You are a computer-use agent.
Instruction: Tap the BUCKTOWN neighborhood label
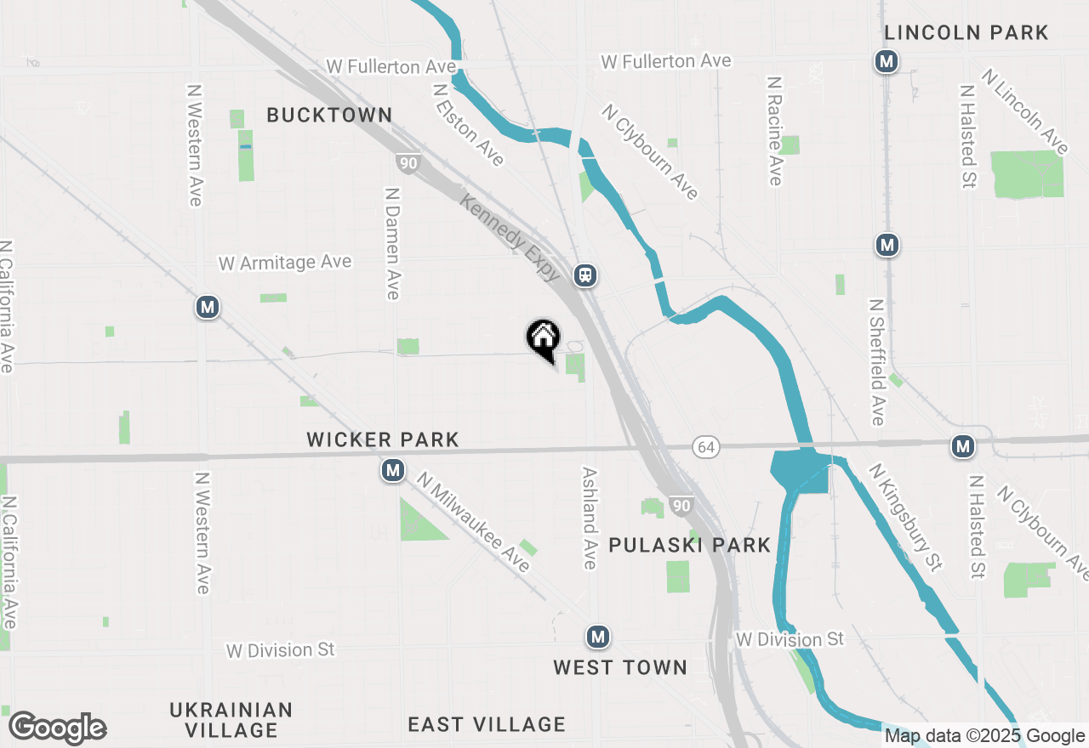[329, 116]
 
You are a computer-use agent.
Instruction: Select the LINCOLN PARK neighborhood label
[966, 33]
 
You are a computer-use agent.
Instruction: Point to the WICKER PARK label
[383, 439]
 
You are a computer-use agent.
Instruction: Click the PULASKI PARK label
[690, 545]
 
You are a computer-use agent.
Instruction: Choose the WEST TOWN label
[620, 667]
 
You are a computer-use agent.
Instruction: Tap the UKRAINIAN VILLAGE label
[231, 720]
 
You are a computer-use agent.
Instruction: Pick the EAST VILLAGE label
[486, 724]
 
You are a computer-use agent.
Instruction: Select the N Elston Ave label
[468, 124]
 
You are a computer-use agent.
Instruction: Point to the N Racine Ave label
[774, 131]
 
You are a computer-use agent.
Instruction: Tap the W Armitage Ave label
[285, 263]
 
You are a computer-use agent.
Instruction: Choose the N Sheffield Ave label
[877, 361]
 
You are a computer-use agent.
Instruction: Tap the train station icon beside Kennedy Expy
[584, 275]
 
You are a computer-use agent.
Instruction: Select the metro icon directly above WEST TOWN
[598, 637]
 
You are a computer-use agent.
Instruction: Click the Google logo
[57, 728]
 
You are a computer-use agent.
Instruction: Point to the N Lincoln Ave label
[1024, 111]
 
